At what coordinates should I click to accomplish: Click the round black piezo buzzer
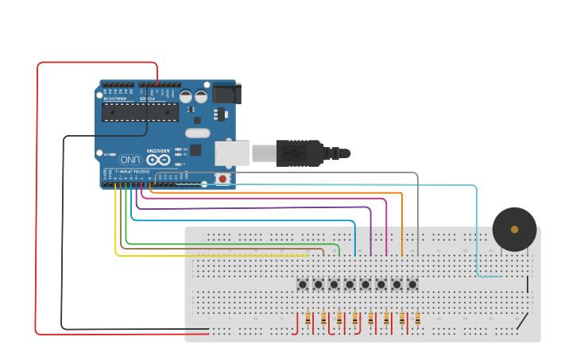point(514,229)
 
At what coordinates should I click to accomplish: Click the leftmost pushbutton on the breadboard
point(303,284)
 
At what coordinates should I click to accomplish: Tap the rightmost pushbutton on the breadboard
point(412,284)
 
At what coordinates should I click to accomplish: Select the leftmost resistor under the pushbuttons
point(307,319)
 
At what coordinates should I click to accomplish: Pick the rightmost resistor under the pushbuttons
point(417,319)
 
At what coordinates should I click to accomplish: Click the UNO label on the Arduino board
point(130,160)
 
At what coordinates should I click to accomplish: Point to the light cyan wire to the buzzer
point(477,230)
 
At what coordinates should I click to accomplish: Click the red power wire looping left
point(37,199)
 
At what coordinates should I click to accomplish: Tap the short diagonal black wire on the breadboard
point(521,321)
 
